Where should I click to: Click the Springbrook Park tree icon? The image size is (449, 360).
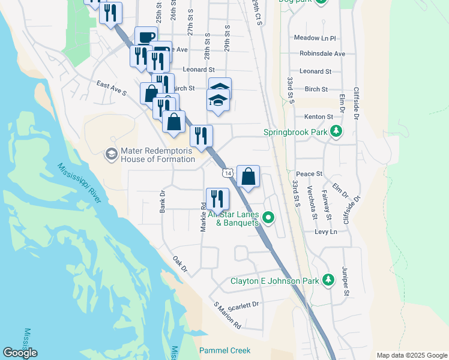[x=336, y=131]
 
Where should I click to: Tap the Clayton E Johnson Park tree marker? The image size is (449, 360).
[x=328, y=280]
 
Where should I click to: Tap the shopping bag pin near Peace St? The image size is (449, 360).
[x=248, y=177]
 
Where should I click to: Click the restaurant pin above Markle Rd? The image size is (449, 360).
[x=217, y=198]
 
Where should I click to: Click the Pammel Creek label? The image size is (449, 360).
[x=224, y=350]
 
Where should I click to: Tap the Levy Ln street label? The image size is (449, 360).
[x=322, y=231]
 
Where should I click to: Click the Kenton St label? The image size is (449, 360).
[x=318, y=116]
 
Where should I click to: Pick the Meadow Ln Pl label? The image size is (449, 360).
[x=315, y=38]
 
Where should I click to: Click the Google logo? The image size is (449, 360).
[x=20, y=353]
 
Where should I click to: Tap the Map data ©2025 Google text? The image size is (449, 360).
[x=411, y=355]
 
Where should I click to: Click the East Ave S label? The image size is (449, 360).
[x=112, y=89]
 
